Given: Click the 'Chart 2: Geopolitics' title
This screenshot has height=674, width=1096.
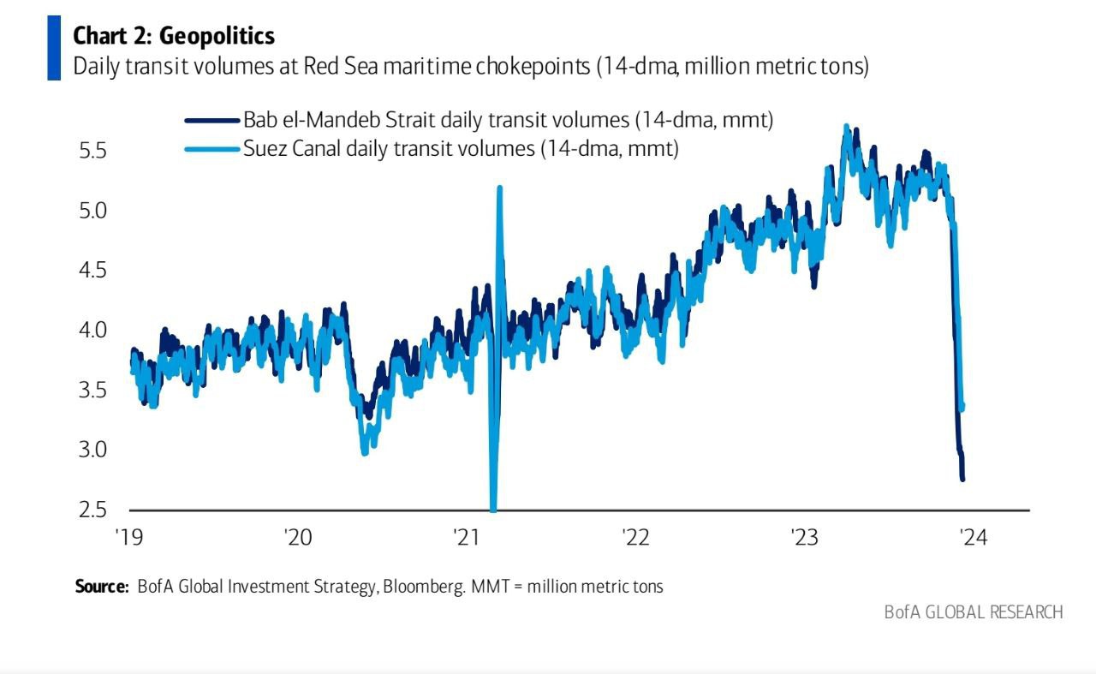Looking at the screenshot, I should pos(174,35).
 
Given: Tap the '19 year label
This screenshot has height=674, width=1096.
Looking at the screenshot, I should pos(128,538).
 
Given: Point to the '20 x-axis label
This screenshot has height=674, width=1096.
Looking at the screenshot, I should pos(297,538).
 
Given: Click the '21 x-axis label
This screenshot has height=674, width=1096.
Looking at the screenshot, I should pos(466,538).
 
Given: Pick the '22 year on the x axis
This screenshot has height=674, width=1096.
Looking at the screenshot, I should pos(635,538).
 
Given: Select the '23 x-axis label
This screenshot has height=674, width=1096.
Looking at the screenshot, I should pos(804,538).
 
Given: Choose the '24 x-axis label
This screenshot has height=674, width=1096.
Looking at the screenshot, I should pos(974,538).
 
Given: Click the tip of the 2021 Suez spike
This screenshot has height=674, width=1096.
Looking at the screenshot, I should pos(499,188).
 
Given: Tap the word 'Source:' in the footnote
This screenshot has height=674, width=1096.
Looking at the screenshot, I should pos(102,587).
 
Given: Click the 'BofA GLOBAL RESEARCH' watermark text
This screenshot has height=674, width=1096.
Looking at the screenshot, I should pos(974,611).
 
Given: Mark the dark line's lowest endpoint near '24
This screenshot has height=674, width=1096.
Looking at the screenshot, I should pos(962,479).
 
